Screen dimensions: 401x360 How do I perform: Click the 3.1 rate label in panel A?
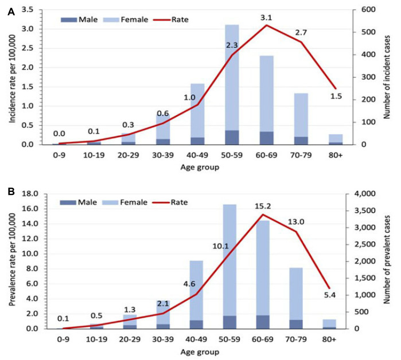click(266, 18)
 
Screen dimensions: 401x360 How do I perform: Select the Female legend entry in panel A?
click(126, 19)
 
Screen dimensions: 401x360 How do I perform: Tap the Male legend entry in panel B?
click(78, 202)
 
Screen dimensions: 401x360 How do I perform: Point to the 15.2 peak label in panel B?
click(263, 206)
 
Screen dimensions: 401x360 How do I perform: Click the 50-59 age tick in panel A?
click(232, 155)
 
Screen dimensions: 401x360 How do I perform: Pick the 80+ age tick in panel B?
click(329, 339)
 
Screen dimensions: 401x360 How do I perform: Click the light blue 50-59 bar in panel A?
click(232, 77)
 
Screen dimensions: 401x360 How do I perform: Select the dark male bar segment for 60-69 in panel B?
click(263, 322)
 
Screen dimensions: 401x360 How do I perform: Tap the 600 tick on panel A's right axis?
click(368, 9)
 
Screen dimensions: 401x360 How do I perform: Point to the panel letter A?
click(11, 12)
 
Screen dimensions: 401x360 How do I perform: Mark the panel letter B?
click(11, 191)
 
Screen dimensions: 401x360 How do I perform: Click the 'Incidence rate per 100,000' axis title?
click(12, 79)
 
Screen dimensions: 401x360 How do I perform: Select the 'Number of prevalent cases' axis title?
click(387, 260)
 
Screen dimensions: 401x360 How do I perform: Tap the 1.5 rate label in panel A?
click(336, 96)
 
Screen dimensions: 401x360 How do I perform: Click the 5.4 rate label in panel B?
click(330, 295)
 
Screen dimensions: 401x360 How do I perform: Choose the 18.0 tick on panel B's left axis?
click(30, 194)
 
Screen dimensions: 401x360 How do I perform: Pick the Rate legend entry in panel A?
click(170, 19)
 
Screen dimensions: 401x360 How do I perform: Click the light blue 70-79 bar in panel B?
click(296, 294)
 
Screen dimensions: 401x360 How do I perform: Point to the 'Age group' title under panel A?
click(200, 167)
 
